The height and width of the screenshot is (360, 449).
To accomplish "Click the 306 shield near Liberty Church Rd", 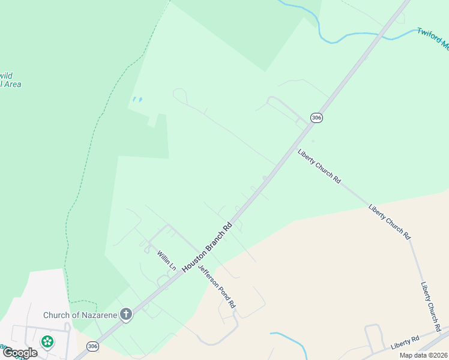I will tap(316, 118).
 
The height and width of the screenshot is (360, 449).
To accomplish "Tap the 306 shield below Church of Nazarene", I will tap(92, 346).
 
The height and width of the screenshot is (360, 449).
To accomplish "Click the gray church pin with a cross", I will tap(125, 314).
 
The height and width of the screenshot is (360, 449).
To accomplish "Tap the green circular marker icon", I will tap(47, 341).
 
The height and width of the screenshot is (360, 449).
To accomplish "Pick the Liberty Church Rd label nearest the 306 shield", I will tap(319, 166).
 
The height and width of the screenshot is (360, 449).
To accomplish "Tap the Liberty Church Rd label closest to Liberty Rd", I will tap(431, 307).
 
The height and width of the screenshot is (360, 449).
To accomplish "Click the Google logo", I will tap(20, 353).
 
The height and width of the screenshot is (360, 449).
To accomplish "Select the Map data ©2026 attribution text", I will tap(423, 355).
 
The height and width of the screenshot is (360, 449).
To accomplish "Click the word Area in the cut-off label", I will tap(12, 85).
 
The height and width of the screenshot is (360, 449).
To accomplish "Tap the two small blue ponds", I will tap(137, 100).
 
